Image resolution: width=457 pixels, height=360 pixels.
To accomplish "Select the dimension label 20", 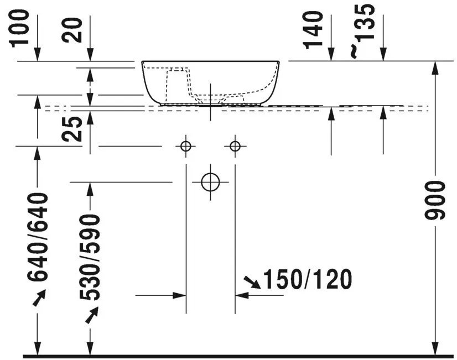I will pos(74,29).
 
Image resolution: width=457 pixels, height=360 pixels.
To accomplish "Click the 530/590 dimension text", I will pos(90,257).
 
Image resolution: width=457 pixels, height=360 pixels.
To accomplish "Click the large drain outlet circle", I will pos(211,181).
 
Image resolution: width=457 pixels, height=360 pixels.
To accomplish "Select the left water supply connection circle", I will pos(185,146).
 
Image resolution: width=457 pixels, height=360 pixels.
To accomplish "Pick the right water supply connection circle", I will pos(235,146).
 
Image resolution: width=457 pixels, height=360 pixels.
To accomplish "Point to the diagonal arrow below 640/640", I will pos(39,299).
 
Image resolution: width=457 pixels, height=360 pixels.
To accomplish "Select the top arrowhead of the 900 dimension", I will pos(436,67).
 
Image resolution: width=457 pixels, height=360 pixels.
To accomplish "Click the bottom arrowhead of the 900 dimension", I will pos(436,348).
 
